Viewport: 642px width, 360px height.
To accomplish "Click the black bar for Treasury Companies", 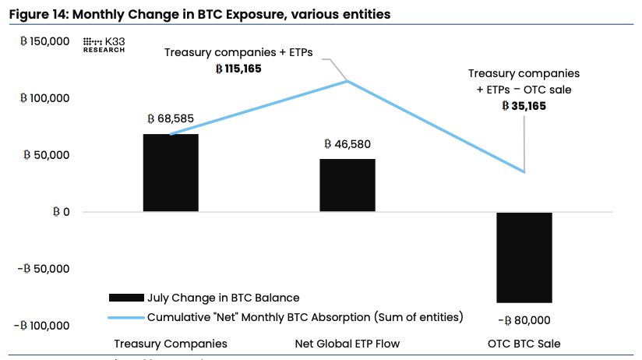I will pos(171,173).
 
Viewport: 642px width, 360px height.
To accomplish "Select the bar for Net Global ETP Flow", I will pos(347,185).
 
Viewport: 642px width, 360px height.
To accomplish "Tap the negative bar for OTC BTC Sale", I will pos(524,257).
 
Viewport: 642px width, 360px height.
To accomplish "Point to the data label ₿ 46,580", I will pos(347,144).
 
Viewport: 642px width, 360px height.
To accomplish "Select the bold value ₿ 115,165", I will pos(238,69).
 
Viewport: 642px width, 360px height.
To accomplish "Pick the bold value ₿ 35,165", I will pos(524,106).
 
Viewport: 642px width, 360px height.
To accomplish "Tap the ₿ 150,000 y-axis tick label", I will pos(44,41).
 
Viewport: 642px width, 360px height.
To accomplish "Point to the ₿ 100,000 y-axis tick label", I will pos(44,98).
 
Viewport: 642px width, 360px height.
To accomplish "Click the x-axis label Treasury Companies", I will pos(171,344).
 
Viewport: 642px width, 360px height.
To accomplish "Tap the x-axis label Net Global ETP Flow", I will pos(347,344).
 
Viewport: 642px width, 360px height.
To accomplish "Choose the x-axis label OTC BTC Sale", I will pos(524,344).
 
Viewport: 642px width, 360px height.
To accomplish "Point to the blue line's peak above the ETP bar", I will pos(347,80).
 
